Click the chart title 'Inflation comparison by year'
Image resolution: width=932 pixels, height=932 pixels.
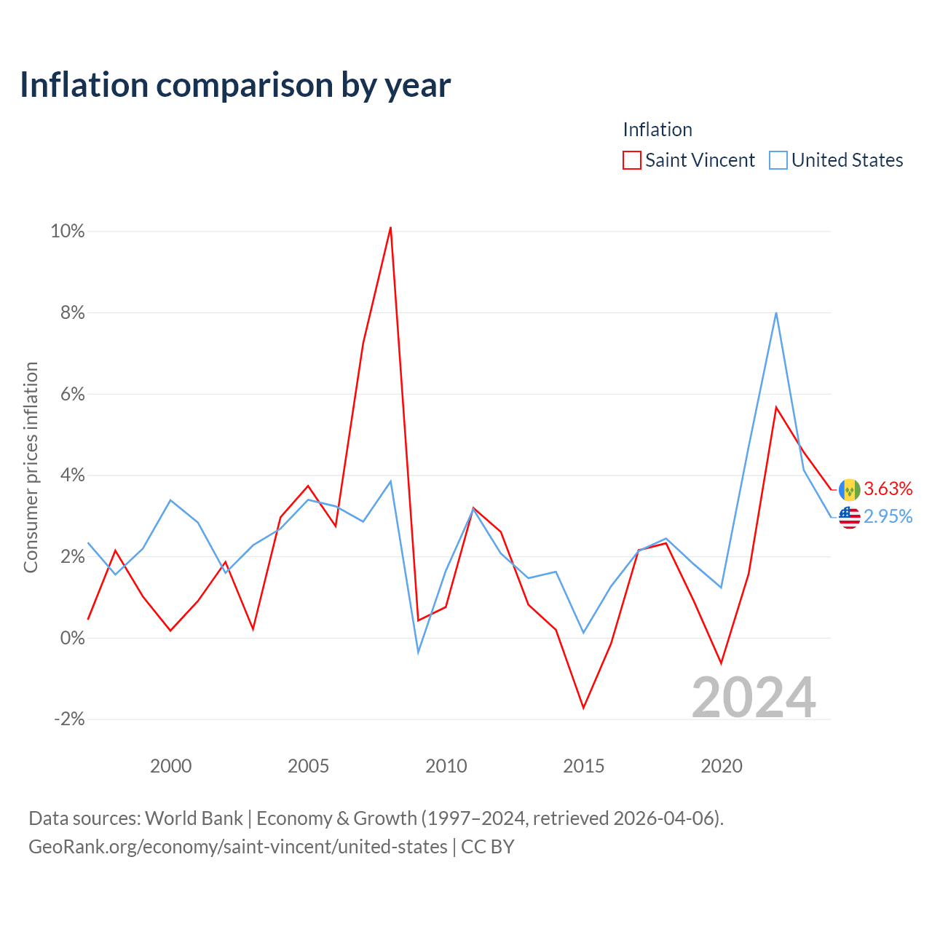(x=235, y=86)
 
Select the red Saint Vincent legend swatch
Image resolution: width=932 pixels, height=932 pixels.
(x=632, y=160)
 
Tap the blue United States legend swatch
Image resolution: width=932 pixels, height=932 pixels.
(x=778, y=160)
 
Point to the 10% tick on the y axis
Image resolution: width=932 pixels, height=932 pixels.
(x=68, y=232)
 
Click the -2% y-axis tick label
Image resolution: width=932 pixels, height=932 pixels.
(x=70, y=719)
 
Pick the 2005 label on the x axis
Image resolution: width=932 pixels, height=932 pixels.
(x=308, y=766)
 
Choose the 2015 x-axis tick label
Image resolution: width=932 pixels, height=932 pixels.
(x=584, y=766)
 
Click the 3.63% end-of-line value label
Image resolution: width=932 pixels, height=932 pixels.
(x=888, y=489)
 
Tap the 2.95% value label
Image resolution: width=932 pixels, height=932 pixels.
(x=888, y=517)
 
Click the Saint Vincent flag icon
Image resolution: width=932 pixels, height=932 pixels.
(x=849, y=490)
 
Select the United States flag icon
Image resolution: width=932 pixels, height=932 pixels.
(x=849, y=518)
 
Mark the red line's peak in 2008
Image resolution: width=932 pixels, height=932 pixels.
(x=390, y=227)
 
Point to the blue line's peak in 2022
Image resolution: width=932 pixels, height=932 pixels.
(x=776, y=313)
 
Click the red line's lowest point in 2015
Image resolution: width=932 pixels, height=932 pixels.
(x=584, y=708)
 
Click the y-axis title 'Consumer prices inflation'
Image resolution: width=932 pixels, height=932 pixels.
(x=31, y=467)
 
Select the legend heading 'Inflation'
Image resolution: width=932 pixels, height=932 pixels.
(x=657, y=130)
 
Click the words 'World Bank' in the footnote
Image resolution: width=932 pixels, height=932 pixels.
(x=194, y=818)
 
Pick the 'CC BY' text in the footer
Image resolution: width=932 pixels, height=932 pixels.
(x=488, y=847)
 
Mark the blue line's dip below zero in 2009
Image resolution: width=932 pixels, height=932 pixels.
(x=418, y=652)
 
